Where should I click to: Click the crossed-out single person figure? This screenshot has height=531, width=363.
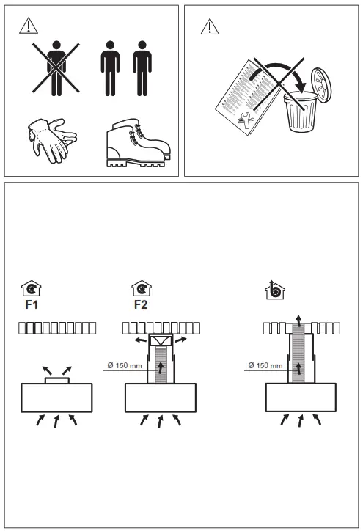pos(56,68)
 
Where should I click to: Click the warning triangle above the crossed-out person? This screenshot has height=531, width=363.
pos(29,26)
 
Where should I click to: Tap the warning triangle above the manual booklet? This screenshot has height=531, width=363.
pos(210,26)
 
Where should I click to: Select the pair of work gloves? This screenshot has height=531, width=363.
pos(52,140)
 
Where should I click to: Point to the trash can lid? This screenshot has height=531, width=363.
pos(321,84)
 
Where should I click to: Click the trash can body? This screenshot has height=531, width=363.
pos(301,112)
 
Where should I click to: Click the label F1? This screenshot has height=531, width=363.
pos(32,304)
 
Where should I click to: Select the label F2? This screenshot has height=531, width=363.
pos(141,304)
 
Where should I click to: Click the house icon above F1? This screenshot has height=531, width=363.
pos(32,288)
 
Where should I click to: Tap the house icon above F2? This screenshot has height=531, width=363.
pos(142,288)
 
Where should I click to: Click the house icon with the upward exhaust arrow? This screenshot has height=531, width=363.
pos(274,290)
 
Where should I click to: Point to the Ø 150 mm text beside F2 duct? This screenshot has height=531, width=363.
pos(125,365)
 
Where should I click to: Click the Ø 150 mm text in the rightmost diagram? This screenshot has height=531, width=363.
pos(265,365)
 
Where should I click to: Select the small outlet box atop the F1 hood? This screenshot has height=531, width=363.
pos(57,381)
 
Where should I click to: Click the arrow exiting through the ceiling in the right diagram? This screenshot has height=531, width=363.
pos(298,321)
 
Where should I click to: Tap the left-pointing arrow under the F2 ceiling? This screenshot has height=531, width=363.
pos(141,340)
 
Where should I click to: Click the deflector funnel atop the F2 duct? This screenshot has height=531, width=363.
pos(161,341)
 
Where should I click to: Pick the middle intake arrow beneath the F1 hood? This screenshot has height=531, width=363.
pos(56,421)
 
